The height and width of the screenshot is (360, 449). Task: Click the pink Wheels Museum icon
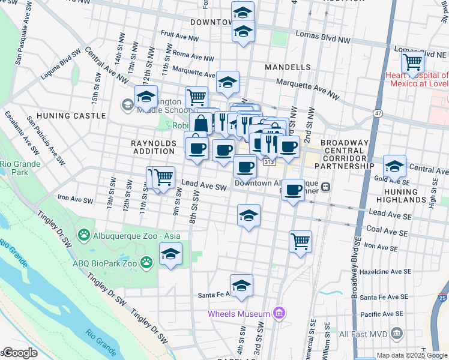coord(277,313)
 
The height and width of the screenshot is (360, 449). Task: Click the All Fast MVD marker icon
coord(396,334)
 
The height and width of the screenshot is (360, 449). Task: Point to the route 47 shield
coord(378,113)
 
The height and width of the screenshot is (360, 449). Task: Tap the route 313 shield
coord(269,161)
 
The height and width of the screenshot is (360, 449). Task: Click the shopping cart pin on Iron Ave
coord(300,241)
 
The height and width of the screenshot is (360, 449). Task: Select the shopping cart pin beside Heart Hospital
coord(412,61)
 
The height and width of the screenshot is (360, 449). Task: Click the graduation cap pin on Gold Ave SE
coord(394,166)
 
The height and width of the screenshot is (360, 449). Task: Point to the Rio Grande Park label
coord(20,167)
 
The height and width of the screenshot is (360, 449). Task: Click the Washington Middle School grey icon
coord(127,106)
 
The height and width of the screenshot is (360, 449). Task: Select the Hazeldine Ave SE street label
coord(388,271)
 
